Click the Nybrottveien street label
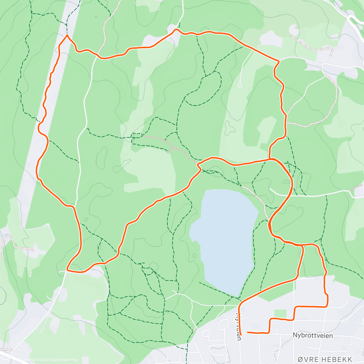(x=313, y=335)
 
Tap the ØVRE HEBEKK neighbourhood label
(x=325, y=359)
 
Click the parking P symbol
(x=331, y=283)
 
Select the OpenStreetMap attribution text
(x=64, y=360)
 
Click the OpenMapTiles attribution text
(x=32, y=360)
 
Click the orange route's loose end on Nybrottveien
(x=248, y=332)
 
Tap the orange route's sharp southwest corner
(x=67, y=270)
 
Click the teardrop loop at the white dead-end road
(x=240, y=85)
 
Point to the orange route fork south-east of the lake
(x=302, y=245)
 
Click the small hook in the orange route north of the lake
(x=198, y=165)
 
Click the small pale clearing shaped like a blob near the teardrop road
(x=230, y=128)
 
